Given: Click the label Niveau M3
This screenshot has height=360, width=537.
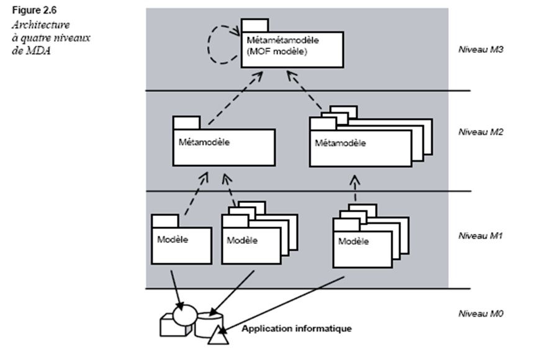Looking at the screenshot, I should tap(479, 48).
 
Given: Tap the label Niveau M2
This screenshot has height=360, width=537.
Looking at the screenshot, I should tap(479, 132).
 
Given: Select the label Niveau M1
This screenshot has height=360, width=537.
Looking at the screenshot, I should tap(479, 236).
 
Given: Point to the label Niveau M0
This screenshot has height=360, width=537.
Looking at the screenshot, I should tap(479, 313).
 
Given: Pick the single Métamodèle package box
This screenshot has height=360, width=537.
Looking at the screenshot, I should tap(223, 146).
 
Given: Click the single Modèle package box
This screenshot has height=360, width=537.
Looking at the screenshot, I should tap(181, 243).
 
